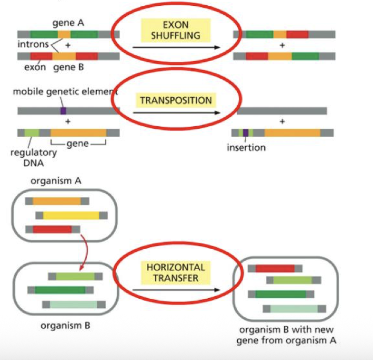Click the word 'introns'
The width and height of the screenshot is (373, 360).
click(31, 44)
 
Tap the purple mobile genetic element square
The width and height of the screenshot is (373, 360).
click(63, 111)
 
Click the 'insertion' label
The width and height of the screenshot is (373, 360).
click(246, 147)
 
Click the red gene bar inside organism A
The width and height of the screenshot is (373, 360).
click(52, 229)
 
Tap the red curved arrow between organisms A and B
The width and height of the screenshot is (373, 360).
click(82, 252)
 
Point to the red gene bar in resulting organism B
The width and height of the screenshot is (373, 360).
click(275, 268)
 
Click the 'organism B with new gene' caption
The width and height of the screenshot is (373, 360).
click(287, 335)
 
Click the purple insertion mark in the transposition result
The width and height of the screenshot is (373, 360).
click(246, 133)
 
